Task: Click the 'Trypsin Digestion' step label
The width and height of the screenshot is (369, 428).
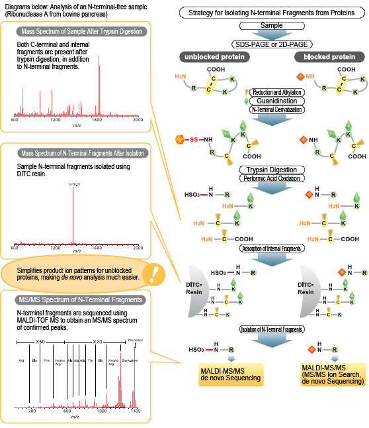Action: coord(271,170)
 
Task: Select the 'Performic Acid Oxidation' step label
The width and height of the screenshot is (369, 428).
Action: coord(271,180)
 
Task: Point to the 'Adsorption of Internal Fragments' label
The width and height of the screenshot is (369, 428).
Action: coord(271,248)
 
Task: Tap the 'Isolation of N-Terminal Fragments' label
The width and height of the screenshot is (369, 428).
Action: coord(271,329)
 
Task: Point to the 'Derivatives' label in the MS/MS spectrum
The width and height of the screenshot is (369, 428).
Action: coord(130,361)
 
